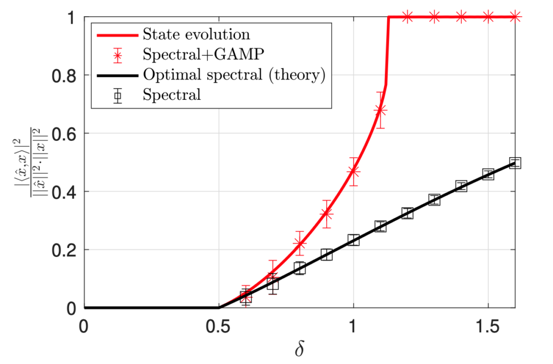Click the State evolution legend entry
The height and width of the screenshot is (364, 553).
[196, 35]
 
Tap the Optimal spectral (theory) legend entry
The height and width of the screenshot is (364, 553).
[234, 75]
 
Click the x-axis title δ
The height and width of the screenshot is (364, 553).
[299, 349]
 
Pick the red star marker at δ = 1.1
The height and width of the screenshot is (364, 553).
[380, 110]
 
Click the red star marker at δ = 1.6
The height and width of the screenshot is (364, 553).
[515, 17]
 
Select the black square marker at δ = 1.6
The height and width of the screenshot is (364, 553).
[515, 163]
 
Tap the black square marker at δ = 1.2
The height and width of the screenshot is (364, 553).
[407, 213]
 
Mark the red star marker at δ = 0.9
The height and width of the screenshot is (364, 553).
[326, 214]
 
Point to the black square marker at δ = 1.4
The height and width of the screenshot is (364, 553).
[461, 186]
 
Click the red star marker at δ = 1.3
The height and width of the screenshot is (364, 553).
[434, 17]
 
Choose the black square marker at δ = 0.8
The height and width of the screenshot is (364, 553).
[299, 268]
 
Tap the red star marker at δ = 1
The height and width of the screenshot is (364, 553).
[353, 171]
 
